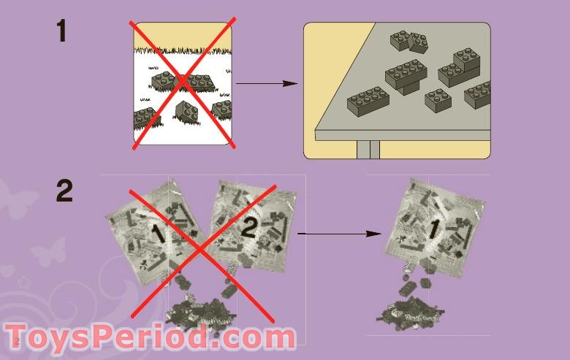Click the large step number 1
[x=62, y=31]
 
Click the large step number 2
[x=64, y=191]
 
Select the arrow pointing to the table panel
[x=267, y=83]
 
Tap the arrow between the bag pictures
[x=339, y=234]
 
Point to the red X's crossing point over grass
[x=183, y=84]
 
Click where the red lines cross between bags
[x=199, y=248]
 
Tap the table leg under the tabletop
[x=368, y=149]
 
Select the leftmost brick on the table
[x=367, y=99]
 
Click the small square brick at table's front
[x=438, y=99]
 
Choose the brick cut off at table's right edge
[x=478, y=93]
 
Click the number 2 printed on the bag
[x=249, y=229]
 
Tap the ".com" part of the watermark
[x=255, y=338]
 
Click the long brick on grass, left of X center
[x=164, y=80]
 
